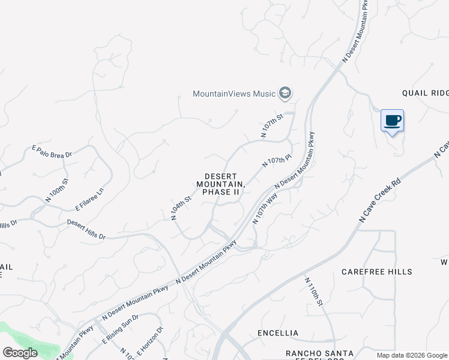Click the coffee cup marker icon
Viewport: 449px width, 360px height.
[x=392, y=121]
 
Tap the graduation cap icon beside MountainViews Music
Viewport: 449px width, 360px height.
[x=285, y=93]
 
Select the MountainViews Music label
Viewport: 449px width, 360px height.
[x=234, y=94]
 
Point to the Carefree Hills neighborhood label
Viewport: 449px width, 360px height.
[x=377, y=272]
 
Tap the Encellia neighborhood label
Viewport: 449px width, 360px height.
[x=277, y=332]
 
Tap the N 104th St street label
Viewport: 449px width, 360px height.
[x=181, y=208]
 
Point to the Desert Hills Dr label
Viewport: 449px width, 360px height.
[x=86, y=229]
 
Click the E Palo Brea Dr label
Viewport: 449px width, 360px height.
[x=52, y=151]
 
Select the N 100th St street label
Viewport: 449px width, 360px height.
[x=57, y=189]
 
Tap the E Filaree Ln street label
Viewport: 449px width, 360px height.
[x=89, y=199]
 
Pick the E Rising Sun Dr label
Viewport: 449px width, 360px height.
[x=120, y=329]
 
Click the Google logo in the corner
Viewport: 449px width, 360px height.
[x=20, y=353]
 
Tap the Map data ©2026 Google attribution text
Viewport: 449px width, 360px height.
[x=411, y=355]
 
